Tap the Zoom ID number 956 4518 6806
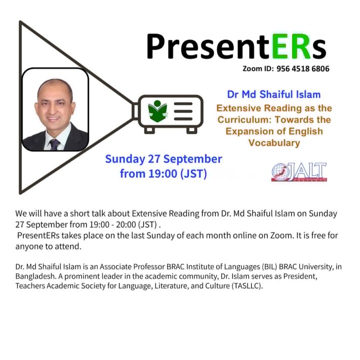pyautogui.click(x=303, y=68)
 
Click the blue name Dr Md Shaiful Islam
pyautogui.click(x=274, y=94)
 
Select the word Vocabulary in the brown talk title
pyautogui.click(x=274, y=143)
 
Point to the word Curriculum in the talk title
pyautogui.click(x=244, y=119)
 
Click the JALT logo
pyautogui.click(x=299, y=172)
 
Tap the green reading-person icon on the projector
pyautogui.click(x=157, y=111)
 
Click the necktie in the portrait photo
pyautogui.click(x=54, y=144)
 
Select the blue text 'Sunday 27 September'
pyautogui.click(x=163, y=159)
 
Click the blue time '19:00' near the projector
pyautogui.click(x=163, y=173)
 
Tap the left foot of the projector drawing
pyautogui.click(x=149, y=130)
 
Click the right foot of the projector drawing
pyautogui.click(x=192, y=130)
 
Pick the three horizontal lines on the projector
pyautogui.click(x=183, y=111)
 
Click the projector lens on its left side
pyautogui.click(x=135, y=111)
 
